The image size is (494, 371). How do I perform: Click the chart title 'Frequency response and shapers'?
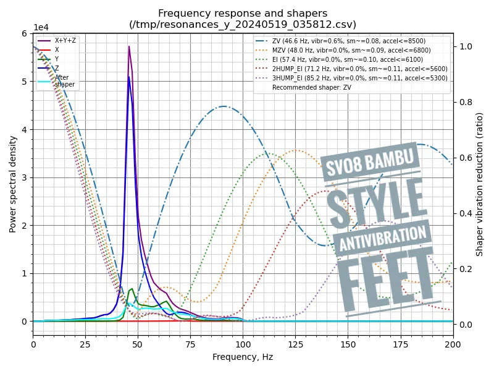(x=243, y=13)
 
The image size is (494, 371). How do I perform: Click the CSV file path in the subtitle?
(x=243, y=24)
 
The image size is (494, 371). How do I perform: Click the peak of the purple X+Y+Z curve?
(x=129, y=46)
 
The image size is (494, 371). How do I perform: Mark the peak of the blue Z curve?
(x=129, y=77)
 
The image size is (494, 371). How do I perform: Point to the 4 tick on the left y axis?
(x=25, y=130)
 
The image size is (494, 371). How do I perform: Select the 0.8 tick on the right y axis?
(x=464, y=102)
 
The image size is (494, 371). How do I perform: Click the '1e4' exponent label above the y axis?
(x=41, y=28)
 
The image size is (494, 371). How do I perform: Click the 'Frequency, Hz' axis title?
(x=243, y=357)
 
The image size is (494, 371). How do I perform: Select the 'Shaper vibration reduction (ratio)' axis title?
(x=480, y=184)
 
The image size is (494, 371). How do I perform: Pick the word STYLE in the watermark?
(x=377, y=203)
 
